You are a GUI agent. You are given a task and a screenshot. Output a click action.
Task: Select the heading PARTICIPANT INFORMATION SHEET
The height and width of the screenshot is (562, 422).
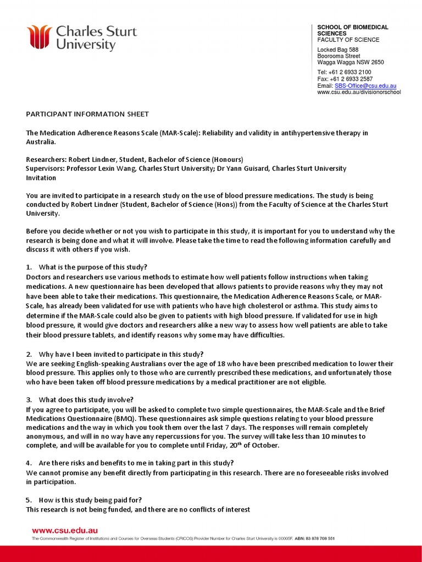point(87,114)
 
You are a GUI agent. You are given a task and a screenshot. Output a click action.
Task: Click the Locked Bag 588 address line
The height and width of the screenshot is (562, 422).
point(338,50)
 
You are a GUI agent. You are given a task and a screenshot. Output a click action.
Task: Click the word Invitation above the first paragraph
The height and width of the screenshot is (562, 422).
point(41,178)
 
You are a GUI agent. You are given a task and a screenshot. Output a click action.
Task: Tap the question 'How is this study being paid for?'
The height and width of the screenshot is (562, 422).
point(90,500)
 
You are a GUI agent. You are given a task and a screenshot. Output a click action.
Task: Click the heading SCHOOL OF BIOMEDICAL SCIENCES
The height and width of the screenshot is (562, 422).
point(353,30)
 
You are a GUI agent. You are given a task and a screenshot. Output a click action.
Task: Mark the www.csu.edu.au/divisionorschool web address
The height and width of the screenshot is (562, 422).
point(359,92)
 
